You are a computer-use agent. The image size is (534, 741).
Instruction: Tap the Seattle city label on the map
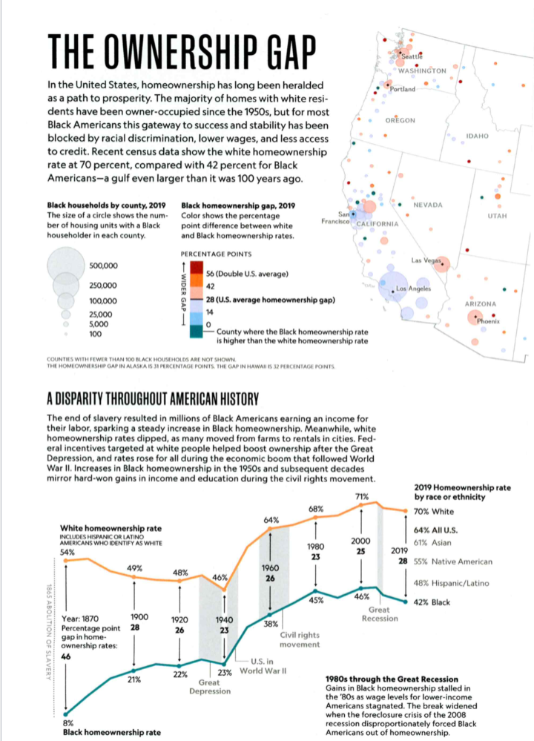coord(412,56)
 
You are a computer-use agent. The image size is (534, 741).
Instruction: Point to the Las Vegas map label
coord(426,261)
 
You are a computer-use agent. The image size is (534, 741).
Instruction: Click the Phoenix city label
coord(489,320)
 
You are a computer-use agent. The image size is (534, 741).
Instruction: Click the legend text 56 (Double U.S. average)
coord(246,274)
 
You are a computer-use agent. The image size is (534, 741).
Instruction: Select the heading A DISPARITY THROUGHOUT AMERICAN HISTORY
coord(152,401)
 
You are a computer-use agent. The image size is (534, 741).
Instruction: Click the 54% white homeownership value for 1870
coord(67,552)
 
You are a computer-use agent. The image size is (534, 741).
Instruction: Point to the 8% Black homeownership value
coord(67,722)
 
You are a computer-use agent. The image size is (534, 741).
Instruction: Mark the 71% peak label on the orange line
coord(362,495)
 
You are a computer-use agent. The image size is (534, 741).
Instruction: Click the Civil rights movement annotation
coord(300,639)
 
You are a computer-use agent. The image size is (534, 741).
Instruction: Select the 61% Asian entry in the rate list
coord(442,543)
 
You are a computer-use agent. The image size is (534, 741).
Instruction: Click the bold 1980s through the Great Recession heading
coord(391,679)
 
